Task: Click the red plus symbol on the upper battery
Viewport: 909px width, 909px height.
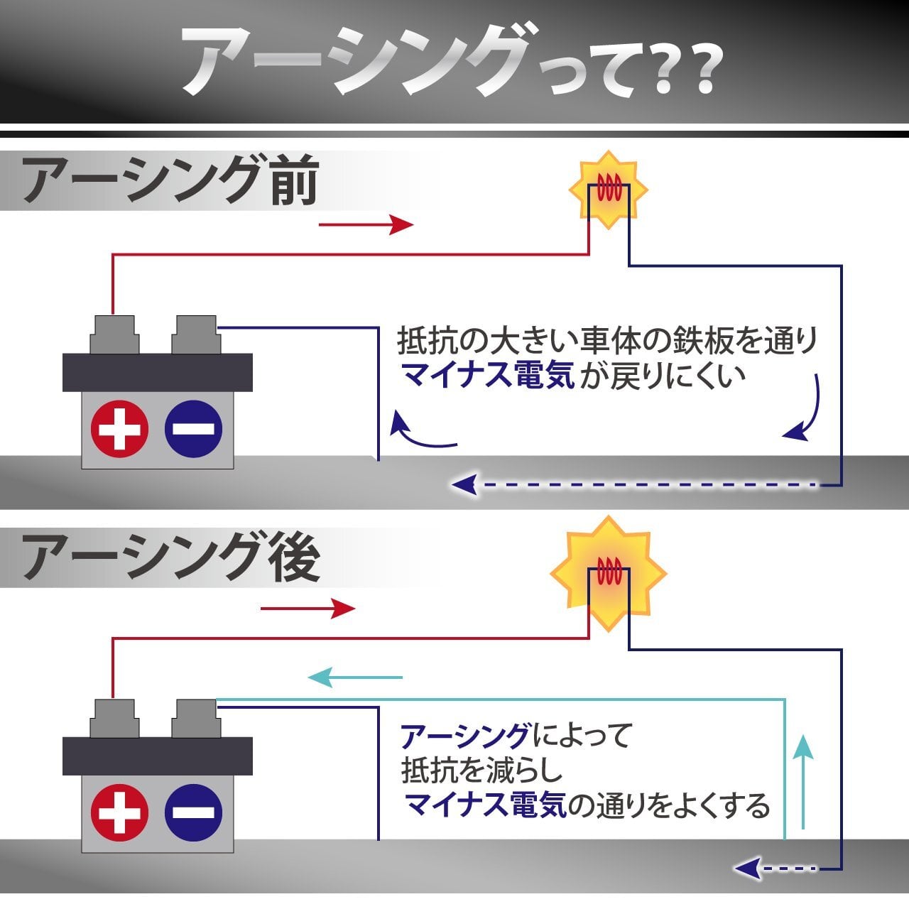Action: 119,429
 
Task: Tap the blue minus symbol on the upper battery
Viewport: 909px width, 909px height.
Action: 193,429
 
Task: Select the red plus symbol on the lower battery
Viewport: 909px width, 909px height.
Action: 119,812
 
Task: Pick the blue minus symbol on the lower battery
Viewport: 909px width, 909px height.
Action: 193,812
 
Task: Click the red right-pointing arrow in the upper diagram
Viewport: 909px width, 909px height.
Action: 366,224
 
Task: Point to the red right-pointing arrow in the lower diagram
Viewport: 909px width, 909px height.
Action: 307,609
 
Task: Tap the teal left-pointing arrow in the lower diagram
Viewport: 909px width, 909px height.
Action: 355,677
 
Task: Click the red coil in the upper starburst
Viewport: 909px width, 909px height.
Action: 609,187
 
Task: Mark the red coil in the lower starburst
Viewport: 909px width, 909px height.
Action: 609,571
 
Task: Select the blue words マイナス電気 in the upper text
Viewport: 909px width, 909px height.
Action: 488,376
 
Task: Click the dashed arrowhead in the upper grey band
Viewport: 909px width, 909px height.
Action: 464,484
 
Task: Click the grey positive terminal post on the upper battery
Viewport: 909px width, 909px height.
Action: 114,334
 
